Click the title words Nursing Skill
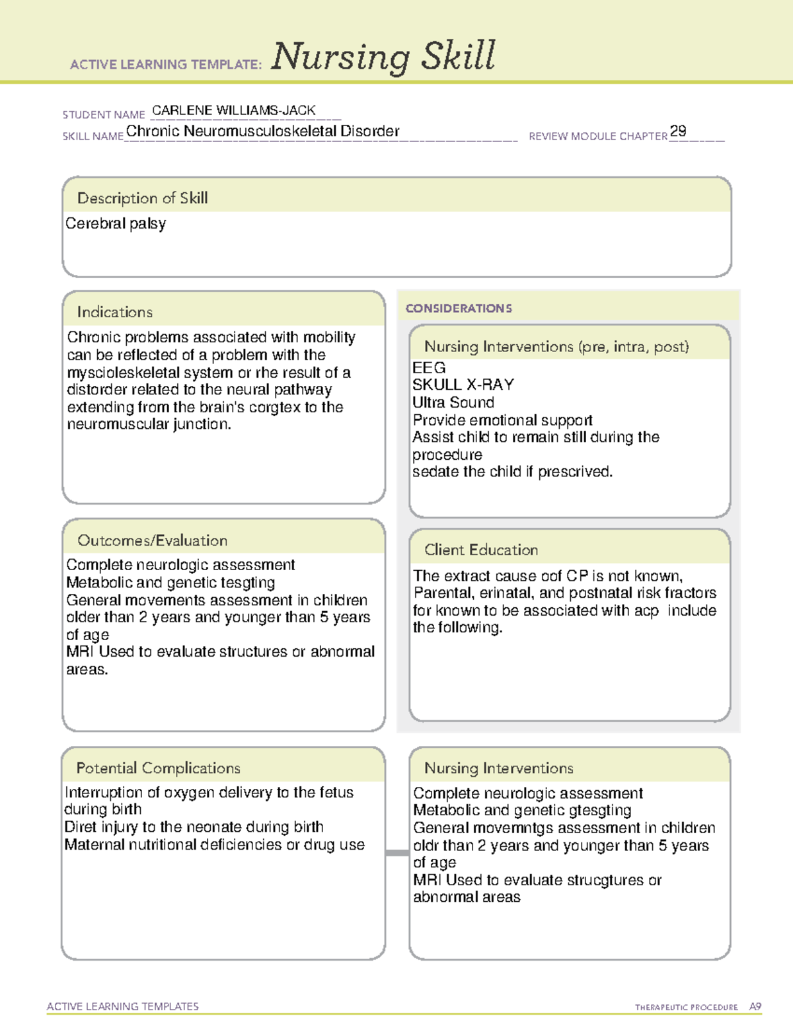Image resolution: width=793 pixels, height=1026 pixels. click(x=383, y=57)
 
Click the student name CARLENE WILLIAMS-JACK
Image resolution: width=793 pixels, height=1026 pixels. click(x=233, y=110)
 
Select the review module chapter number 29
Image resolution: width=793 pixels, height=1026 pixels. click(x=677, y=131)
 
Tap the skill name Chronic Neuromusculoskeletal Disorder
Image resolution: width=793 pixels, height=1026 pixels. click(x=262, y=131)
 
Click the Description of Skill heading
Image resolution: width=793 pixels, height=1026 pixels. click(x=142, y=198)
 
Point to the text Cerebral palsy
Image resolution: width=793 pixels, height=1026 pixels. click(x=116, y=224)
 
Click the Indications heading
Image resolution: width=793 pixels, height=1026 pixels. click(x=114, y=312)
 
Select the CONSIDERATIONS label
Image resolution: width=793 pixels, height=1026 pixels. click(x=459, y=309)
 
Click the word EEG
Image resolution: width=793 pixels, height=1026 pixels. click(x=429, y=368)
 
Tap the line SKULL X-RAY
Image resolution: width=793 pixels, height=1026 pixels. click(x=463, y=385)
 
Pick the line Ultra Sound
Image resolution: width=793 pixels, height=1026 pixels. click(x=453, y=402)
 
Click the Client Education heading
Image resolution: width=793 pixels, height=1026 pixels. click(x=481, y=550)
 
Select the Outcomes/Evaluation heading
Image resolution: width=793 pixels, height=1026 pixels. click(x=152, y=540)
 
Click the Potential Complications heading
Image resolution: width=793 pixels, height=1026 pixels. click(x=158, y=768)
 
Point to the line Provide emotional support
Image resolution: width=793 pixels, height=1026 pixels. click(x=502, y=420)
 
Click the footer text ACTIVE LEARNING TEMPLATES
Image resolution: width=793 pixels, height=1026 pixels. click(x=122, y=1006)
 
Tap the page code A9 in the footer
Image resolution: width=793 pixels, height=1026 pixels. click(x=755, y=1007)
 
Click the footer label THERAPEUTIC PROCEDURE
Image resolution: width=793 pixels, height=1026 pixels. click(x=686, y=1008)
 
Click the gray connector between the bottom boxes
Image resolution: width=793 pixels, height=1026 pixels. click(x=397, y=853)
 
